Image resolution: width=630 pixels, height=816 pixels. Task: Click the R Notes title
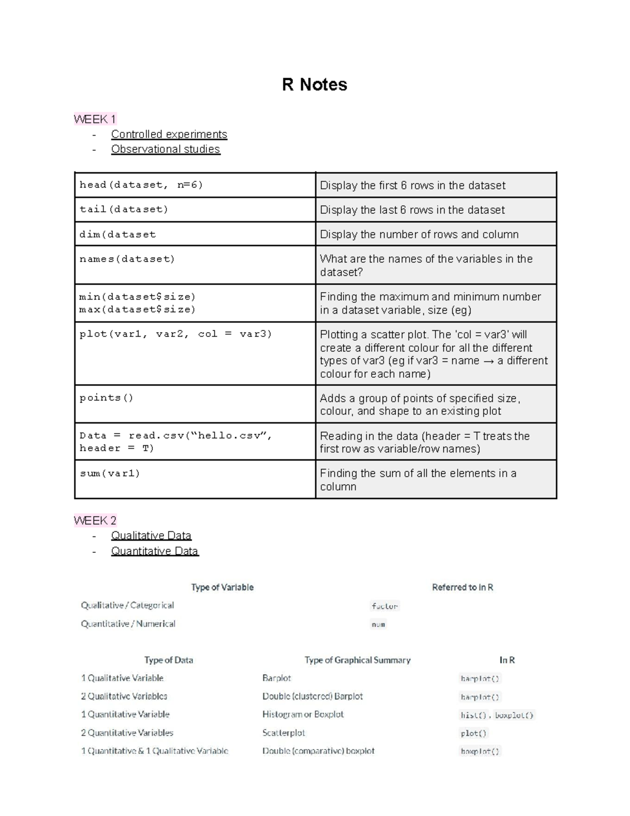(314, 85)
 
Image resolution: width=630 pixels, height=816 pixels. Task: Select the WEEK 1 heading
(95, 119)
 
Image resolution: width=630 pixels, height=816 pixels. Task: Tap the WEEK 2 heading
(95, 521)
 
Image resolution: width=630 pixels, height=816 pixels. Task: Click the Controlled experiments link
(169, 135)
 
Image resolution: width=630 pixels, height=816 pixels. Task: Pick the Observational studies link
(165, 149)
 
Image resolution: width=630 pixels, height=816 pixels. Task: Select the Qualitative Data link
(151, 535)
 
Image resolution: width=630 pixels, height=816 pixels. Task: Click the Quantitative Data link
(155, 551)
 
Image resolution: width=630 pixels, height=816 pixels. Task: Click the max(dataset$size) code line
(137, 309)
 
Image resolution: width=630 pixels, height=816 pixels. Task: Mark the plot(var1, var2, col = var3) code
(175, 334)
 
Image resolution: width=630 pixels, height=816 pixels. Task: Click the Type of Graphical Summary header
(358, 660)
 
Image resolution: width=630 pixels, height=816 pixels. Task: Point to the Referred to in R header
(463, 587)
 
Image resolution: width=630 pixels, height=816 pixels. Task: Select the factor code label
(385, 606)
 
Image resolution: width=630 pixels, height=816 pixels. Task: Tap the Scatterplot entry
(283, 732)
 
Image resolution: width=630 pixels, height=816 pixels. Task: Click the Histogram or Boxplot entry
(303, 715)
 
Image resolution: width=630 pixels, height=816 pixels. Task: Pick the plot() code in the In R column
(474, 733)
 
